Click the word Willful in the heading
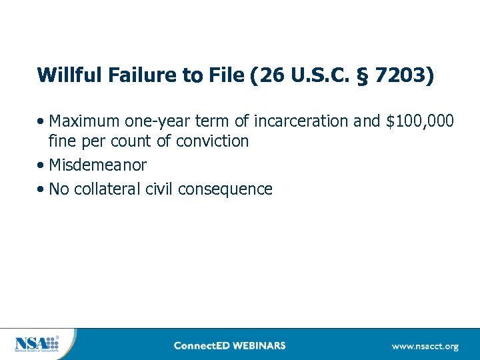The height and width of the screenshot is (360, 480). pyautogui.click(x=68, y=75)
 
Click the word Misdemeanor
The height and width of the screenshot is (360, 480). pyautogui.click(x=97, y=165)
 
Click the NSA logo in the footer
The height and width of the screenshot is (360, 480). pyautogui.click(x=37, y=344)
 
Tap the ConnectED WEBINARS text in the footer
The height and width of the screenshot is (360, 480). pyautogui.click(x=229, y=345)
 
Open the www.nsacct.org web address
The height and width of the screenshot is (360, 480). pyautogui.click(x=425, y=346)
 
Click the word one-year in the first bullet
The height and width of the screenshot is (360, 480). pyautogui.click(x=151, y=121)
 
